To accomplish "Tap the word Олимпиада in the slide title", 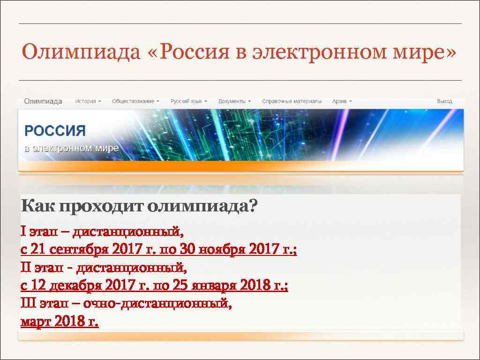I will pos(80,52).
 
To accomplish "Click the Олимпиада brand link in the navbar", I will pos(43,101).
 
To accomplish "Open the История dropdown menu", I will pos(88,101).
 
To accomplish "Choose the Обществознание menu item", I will pos(135,101).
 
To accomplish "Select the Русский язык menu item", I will pos(188,101).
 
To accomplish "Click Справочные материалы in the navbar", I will pos(292,101).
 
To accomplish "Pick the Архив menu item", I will pos(342,101).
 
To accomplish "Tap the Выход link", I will pos(444,101).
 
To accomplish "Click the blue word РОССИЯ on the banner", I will pos(55,131).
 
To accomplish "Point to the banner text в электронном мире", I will pos(71,149).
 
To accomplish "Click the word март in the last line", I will pos(36,322).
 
